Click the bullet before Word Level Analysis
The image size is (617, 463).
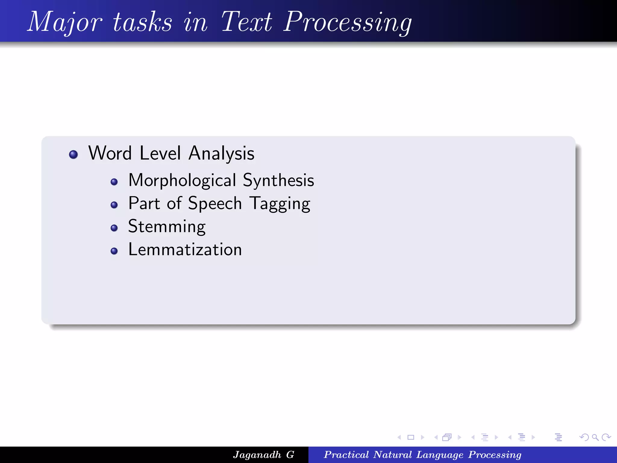[73, 154]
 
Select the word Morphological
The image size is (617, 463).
[182, 180]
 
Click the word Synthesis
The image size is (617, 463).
[278, 180]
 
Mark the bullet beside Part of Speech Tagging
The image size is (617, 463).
[114, 205]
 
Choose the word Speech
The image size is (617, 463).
[215, 203]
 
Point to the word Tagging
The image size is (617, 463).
[280, 203]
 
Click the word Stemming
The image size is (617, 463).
[167, 227]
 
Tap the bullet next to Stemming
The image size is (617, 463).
[114, 228]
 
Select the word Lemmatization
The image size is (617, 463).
[185, 250]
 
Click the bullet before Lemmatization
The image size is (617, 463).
[114, 251]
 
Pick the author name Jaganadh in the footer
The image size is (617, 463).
[257, 455]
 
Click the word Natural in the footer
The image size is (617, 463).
[392, 455]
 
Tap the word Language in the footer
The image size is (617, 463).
[440, 455]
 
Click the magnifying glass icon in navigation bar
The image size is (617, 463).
[595, 437]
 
